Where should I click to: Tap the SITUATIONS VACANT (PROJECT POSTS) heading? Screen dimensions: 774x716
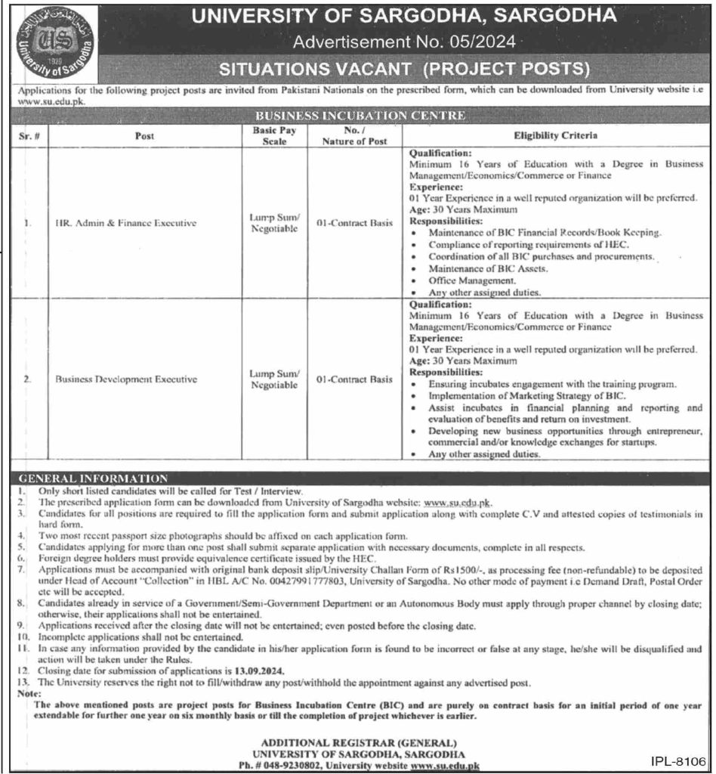(403, 70)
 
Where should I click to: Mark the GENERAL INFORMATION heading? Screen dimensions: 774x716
(93, 479)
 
